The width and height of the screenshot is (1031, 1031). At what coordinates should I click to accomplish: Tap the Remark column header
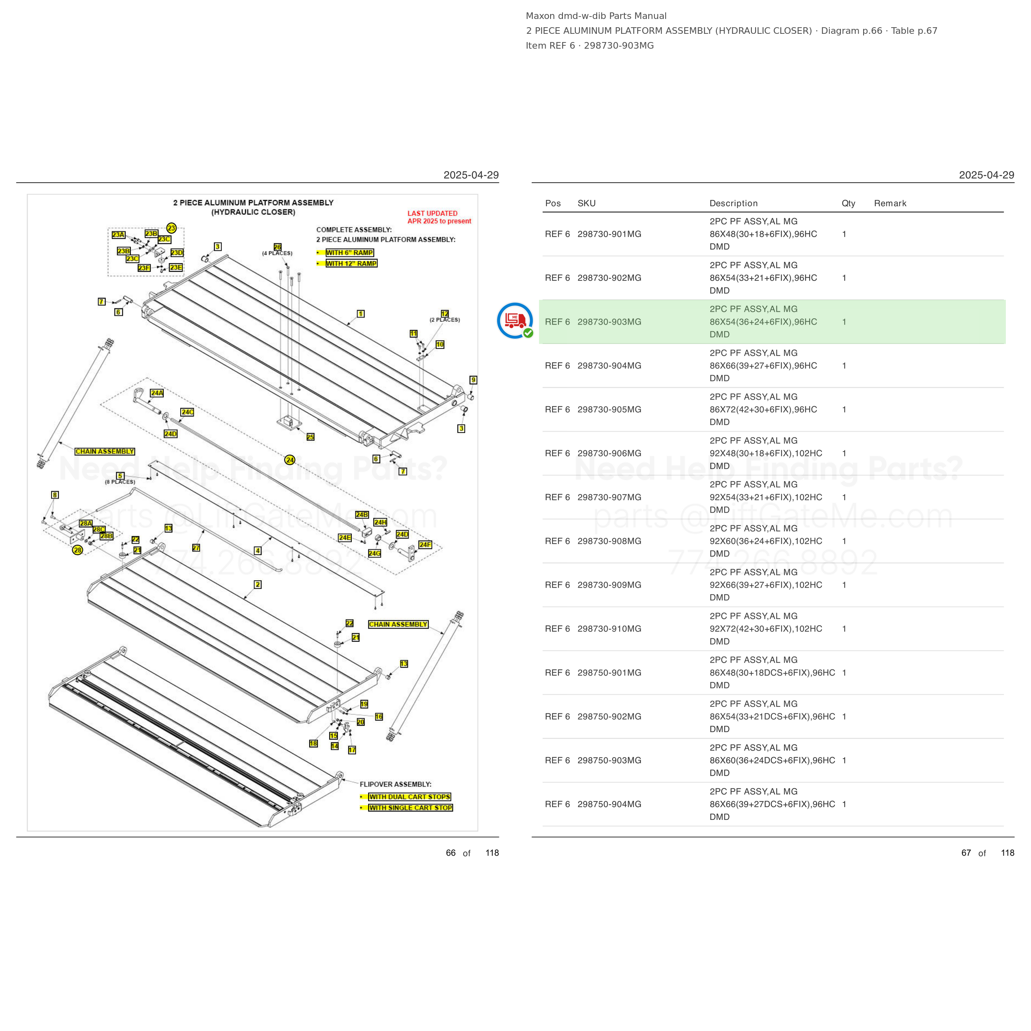[890, 203]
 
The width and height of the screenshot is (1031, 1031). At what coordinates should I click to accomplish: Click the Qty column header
[848, 203]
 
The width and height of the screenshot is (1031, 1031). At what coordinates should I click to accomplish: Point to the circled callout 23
[171, 228]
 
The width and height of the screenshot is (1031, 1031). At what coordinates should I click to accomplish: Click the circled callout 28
[78, 550]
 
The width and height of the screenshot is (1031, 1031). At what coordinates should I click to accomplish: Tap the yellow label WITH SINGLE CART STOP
[410, 807]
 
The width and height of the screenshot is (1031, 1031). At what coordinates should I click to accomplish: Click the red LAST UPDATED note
[439, 217]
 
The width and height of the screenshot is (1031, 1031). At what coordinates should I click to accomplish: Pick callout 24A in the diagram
[157, 393]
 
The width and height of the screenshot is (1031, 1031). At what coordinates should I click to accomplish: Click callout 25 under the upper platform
[311, 436]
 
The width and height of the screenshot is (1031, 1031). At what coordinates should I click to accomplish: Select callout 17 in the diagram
[352, 750]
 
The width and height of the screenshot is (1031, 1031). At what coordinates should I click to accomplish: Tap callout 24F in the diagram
[425, 544]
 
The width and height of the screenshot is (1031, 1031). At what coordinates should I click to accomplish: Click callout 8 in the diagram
[55, 495]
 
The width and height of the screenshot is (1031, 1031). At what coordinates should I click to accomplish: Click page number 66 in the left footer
[451, 853]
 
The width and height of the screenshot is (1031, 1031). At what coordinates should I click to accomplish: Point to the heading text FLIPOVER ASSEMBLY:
[395, 784]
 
